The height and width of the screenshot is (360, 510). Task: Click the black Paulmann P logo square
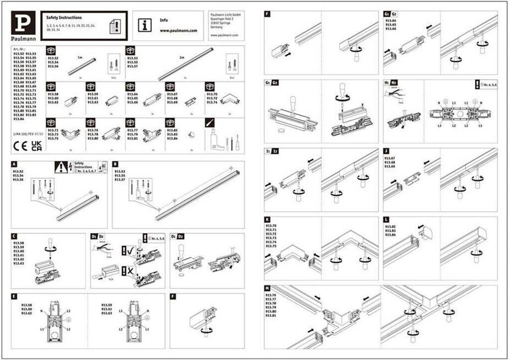23,24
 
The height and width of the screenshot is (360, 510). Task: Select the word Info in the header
163,20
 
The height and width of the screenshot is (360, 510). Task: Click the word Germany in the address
217,28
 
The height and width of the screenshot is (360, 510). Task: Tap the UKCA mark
36,146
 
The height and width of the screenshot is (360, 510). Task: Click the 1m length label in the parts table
80,58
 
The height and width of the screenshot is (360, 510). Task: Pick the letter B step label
116,163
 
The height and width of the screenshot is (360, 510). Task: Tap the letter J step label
386,150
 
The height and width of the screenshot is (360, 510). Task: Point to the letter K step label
267,219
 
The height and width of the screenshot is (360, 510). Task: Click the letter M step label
267,288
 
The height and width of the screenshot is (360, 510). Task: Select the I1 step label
268,150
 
